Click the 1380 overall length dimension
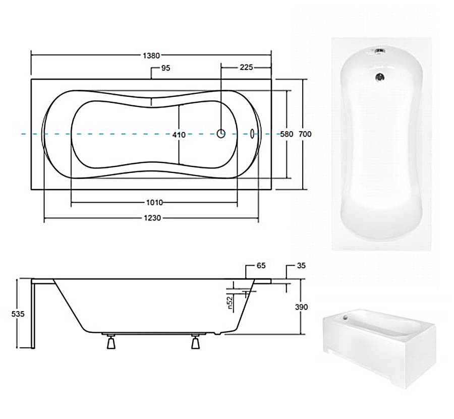tap(151, 55)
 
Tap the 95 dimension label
tap(166, 68)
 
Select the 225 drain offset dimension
tap(246, 68)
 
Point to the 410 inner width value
tap(179, 135)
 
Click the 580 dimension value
tap(287, 134)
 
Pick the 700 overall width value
tap(305, 134)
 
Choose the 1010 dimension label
tap(155, 203)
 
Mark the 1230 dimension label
tap(152, 218)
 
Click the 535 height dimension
tap(18, 314)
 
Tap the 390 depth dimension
tap(302, 307)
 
